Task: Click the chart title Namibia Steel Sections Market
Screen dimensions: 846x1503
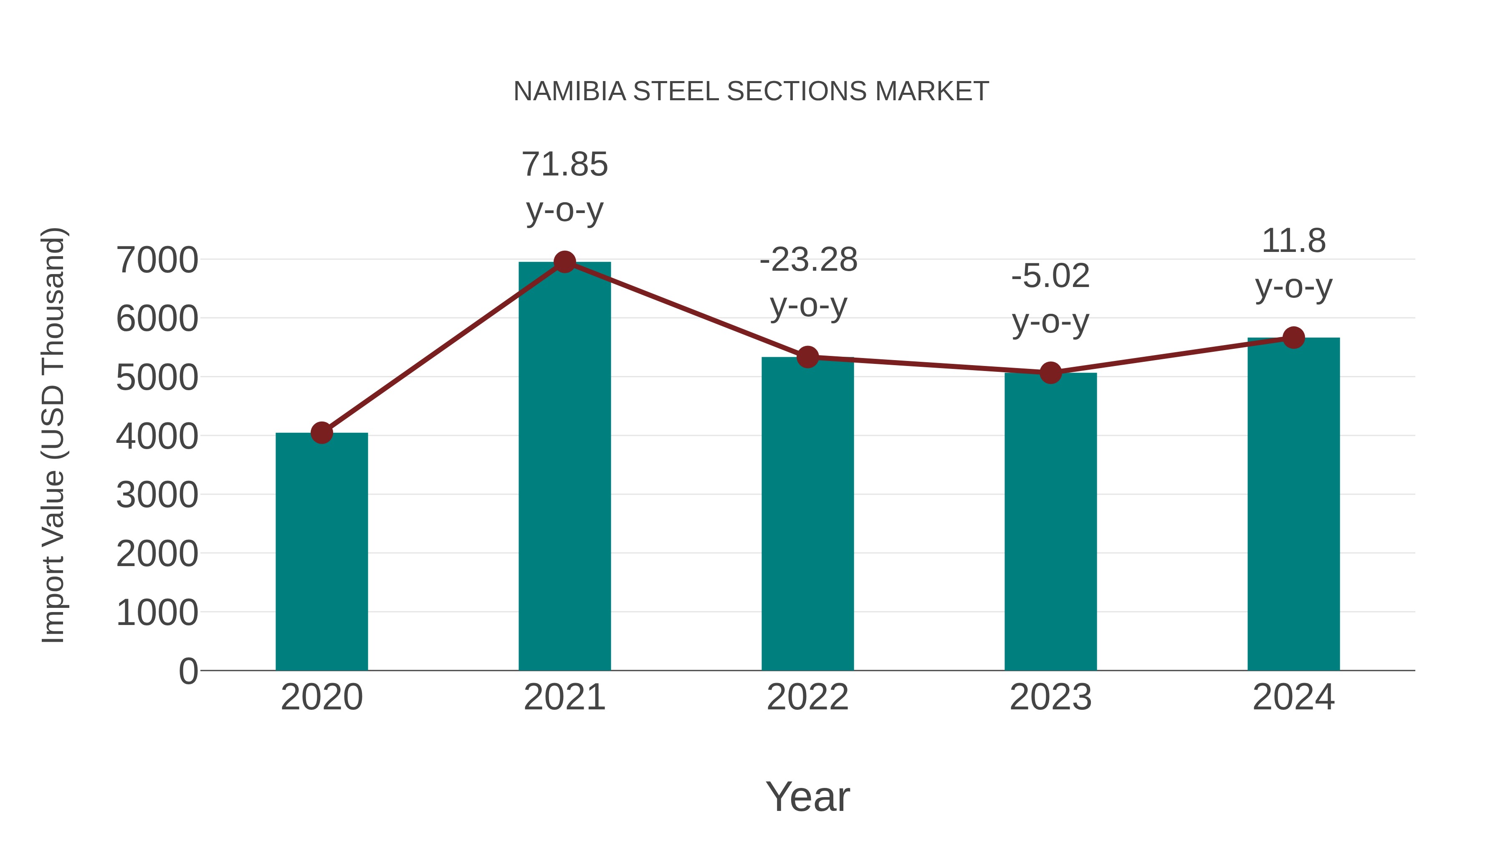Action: click(751, 91)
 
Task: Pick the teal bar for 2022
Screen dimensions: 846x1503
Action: click(807, 514)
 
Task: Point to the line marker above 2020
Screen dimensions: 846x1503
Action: click(321, 433)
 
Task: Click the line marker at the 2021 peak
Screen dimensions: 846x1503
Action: click(564, 262)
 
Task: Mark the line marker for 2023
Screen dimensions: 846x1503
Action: click(1050, 373)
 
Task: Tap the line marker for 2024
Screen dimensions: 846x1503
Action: click(1293, 338)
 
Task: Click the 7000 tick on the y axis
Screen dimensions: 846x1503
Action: click(157, 260)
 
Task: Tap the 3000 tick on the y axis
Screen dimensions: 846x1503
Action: click(157, 495)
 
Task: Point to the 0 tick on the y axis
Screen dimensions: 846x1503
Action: click(188, 671)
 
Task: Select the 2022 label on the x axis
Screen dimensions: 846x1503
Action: click(807, 697)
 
